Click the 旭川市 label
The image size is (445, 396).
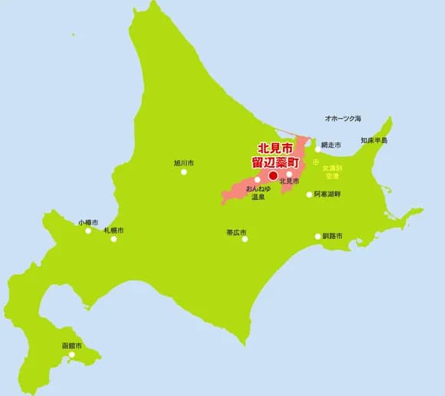[x=183, y=163]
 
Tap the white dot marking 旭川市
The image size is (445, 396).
[x=183, y=172]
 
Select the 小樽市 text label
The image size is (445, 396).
[x=87, y=222]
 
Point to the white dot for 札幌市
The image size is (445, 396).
[x=114, y=239]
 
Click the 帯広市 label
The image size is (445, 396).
[x=236, y=231]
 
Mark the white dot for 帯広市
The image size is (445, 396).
[x=245, y=239]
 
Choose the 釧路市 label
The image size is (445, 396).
[x=332, y=236]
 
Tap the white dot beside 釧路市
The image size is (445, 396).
[x=318, y=236]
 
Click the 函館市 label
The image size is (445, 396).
[x=72, y=345]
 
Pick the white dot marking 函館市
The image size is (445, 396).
[x=71, y=355]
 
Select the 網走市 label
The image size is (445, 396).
[x=331, y=145]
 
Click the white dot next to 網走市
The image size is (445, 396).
[x=318, y=149]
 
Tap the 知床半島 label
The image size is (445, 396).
[x=374, y=141]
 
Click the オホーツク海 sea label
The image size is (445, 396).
[x=343, y=119]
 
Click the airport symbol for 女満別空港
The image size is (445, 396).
[x=316, y=162]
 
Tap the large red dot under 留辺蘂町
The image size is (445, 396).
[x=273, y=175]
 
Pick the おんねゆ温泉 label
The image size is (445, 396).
[x=257, y=192]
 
